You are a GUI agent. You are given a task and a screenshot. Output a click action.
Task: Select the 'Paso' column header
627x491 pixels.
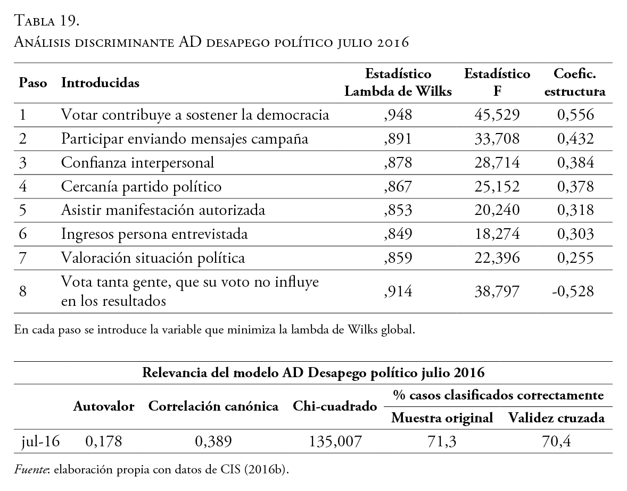pyautogui.click(x=33, y=84)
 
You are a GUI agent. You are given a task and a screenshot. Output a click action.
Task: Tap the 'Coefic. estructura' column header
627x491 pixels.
pyautogui.click(x=575, y=82)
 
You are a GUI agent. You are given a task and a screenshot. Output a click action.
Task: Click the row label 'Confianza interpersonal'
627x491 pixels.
pyautogui.click(x=137, y=163)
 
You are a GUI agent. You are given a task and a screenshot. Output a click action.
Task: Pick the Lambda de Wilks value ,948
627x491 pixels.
pyautogui.click(x=398, y=115)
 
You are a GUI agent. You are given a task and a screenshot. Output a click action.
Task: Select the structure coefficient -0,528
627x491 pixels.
pyautogui.click(x=573, y=292)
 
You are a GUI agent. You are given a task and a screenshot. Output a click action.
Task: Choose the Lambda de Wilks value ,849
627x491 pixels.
pyautogui.click(x=398, y=234)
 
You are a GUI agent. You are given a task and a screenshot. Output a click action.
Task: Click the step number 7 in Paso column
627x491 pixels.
pyautogui.click(x=22, y=258)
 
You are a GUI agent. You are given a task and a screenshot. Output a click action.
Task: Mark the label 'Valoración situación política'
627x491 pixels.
pyautogui.click(x=153, y=258)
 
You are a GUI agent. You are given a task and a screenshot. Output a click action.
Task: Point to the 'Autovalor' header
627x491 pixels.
pyautogui.click(x=104, y=407)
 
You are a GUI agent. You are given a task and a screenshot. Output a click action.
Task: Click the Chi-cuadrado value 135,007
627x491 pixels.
pyautogui.click(x=335, y=442)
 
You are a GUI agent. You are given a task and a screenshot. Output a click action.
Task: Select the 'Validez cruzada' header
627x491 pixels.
pyautogui.click(x=556, y=418)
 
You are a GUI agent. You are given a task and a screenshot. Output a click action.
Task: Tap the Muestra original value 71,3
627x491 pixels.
pyautogui.click(x=442, y=442)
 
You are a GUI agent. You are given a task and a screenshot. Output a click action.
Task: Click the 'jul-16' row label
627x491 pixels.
pyautogui.click(x=40, y=442)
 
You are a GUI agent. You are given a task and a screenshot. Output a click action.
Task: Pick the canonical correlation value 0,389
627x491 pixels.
pyautogui.click(x=213, y=442)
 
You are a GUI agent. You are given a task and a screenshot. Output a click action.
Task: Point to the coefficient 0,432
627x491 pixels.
pyautogui.click(x=575, y=139)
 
